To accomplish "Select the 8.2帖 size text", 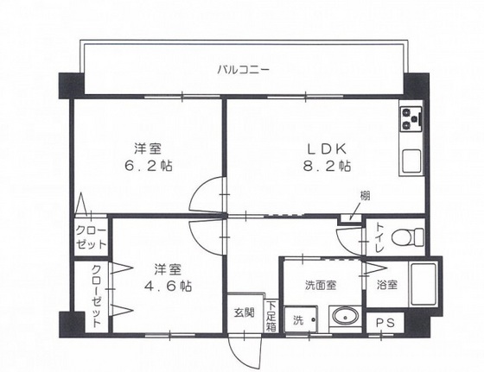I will pyautogui.click(x=325, y=164).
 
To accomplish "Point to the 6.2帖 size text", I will pyautogui.click(x=147, y=164).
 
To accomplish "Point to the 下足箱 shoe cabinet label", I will pyautogui.click(x=271, y=315).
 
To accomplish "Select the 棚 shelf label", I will pyautogui.click(x=365, y=196).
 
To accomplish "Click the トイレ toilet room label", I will pyautogui.click(x=378, y=237).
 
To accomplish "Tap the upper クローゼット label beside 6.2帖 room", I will pyautogui.click(x=90, y=238).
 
